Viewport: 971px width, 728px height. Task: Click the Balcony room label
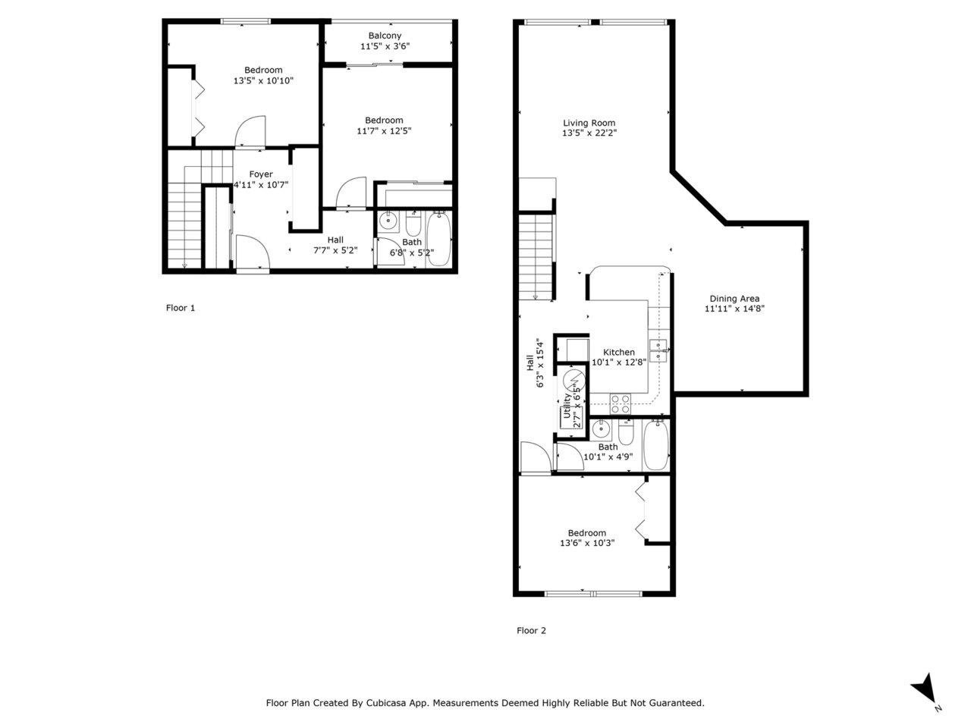[x=385, y=36]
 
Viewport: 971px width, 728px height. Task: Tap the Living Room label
[x=589, y=123]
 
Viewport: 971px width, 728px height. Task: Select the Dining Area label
[x=734, y=298]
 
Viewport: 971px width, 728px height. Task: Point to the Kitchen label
[x=619, y=352]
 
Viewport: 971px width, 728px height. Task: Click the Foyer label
[x=260, y=174]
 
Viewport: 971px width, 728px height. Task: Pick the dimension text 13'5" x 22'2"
[x=589, y=133]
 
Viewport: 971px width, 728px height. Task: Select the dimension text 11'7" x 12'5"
[x=384, y=131]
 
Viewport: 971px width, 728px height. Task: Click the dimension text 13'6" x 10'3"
[x=587, y=543]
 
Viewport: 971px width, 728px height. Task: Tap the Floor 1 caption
[x=180, y=308]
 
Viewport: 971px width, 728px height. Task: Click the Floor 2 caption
[x=531, y=630]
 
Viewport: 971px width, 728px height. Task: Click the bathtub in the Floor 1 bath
[x=438, y=239]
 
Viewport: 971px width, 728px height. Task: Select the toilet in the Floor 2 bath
[x=626, y=432]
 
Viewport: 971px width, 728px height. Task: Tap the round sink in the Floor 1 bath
[x=388, y=220]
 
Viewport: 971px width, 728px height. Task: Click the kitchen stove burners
[x=621, y=404]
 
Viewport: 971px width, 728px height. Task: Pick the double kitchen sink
[x=658, y=351]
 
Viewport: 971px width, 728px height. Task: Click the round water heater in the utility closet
[x=573, y=380]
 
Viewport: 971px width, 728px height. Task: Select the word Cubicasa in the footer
[x=384, y=703]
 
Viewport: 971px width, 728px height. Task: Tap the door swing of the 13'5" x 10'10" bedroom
[x=250, y=131]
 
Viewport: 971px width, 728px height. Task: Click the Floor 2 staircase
[x=536, y=257]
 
